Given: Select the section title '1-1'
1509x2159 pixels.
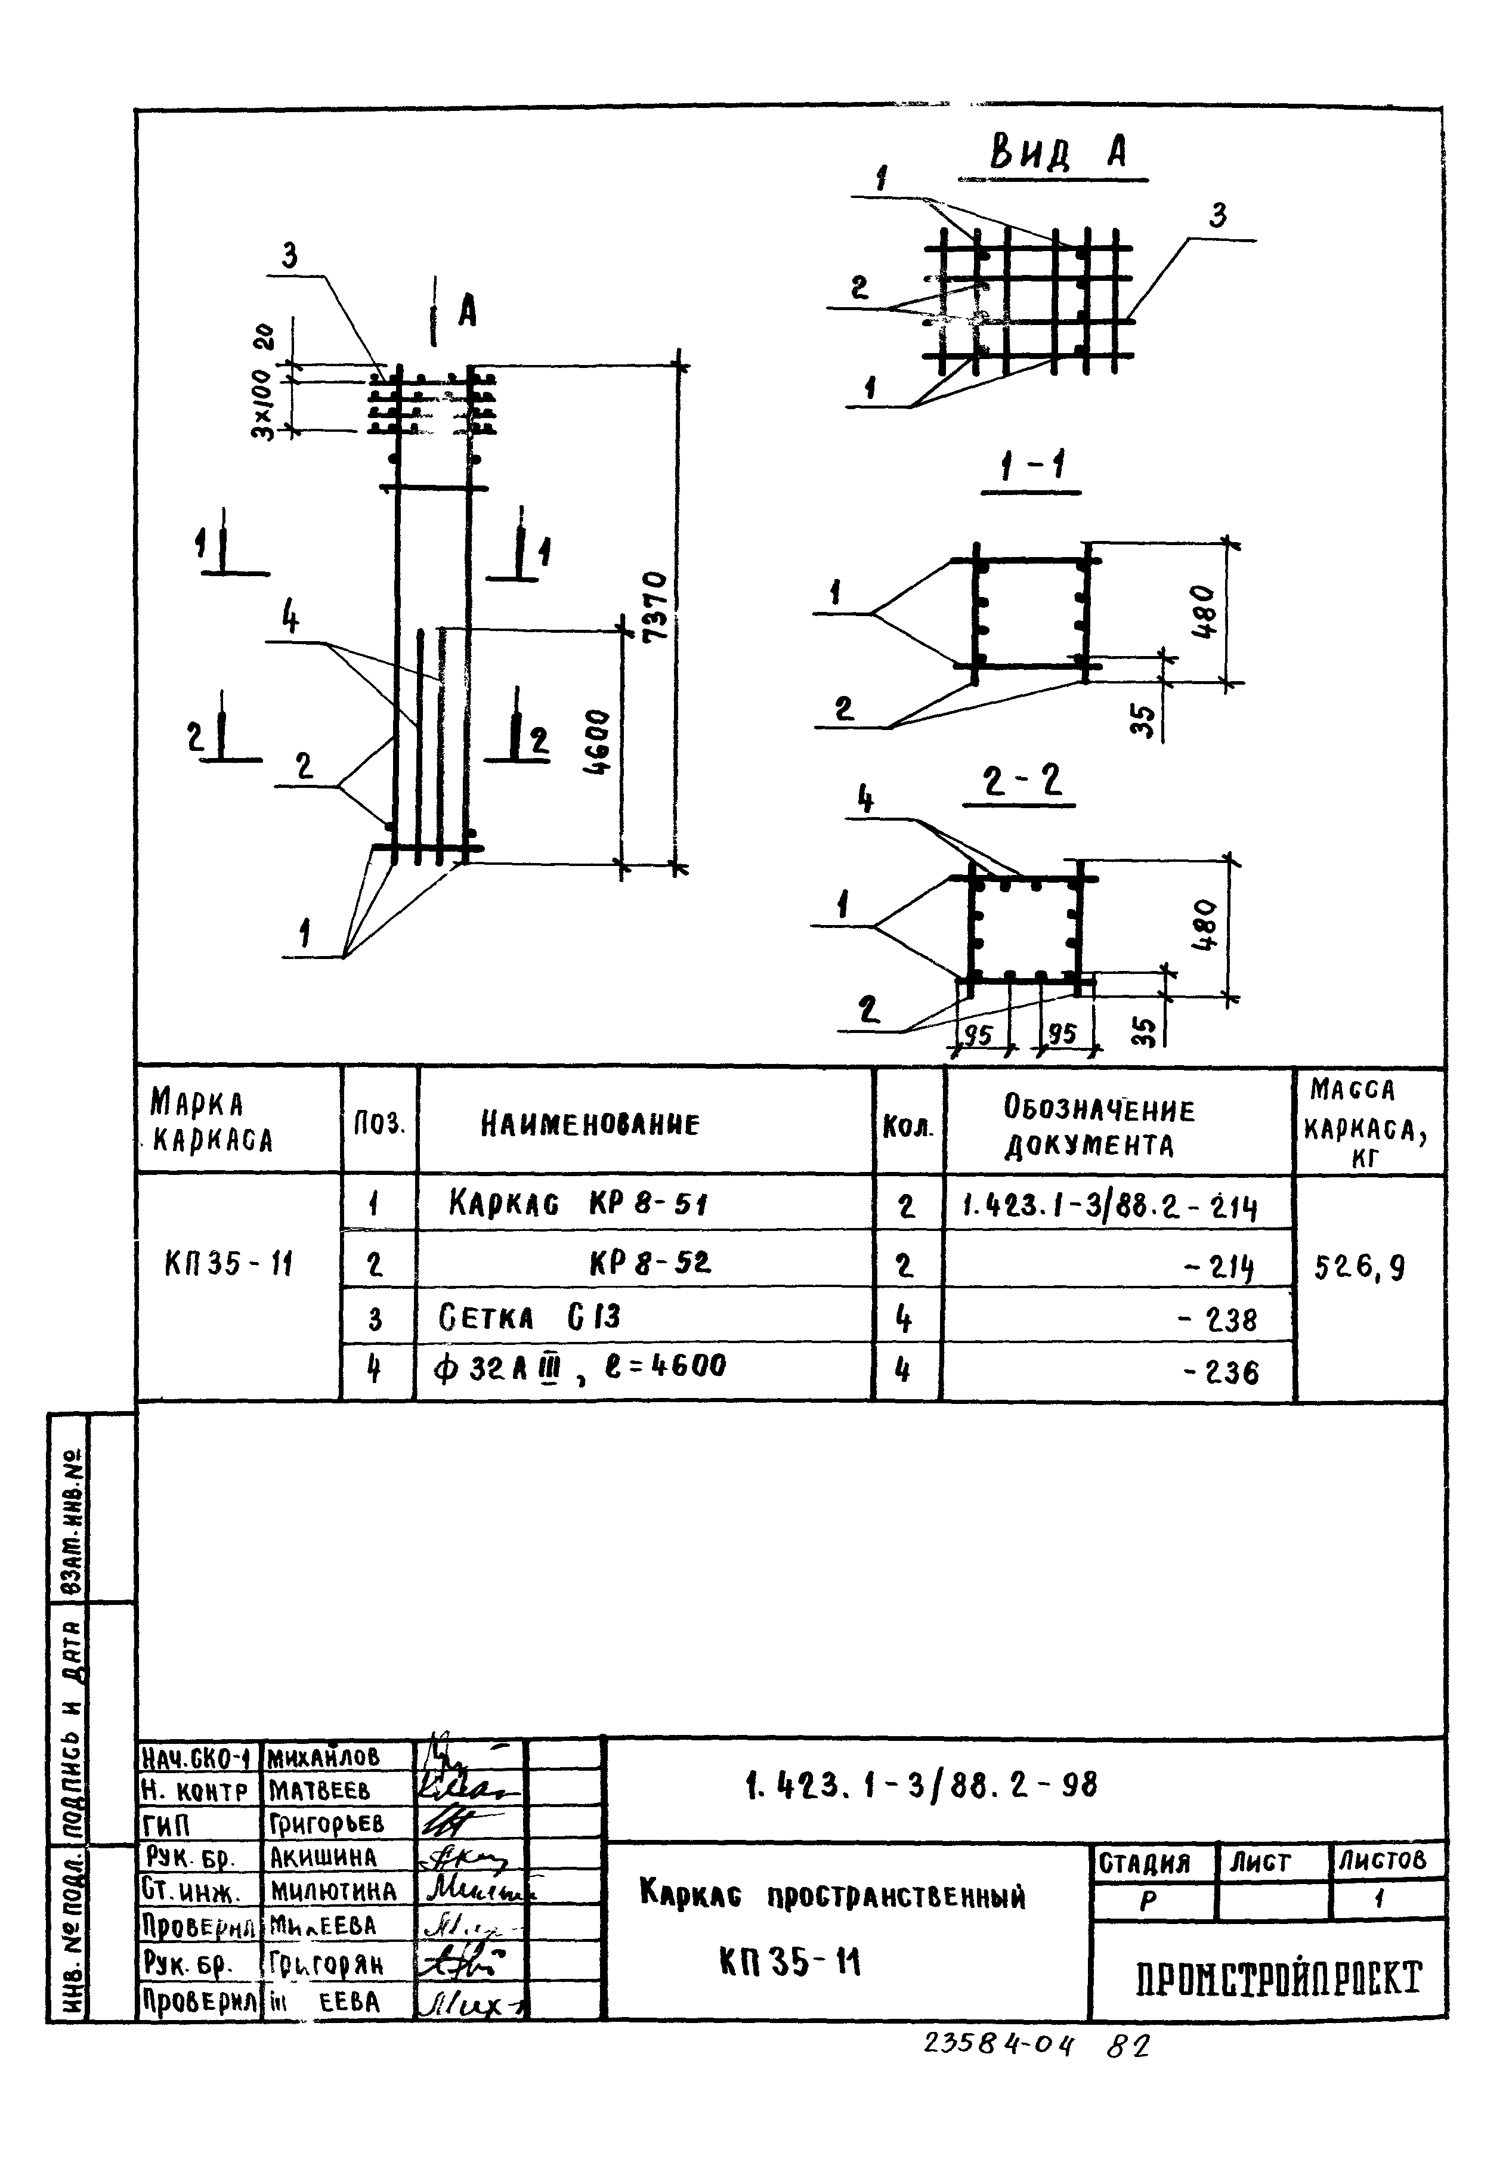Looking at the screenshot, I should pos(1031,466).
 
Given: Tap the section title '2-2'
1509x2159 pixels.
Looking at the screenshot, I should pos(1020,782).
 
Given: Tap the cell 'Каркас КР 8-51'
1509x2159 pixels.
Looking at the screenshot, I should pos(577,1203).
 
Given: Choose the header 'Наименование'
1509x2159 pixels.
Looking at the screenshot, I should pos(590,1123).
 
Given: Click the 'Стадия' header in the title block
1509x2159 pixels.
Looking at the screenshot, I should pos(1144,1861).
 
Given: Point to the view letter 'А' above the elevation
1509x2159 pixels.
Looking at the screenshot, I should pos(467,312).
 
